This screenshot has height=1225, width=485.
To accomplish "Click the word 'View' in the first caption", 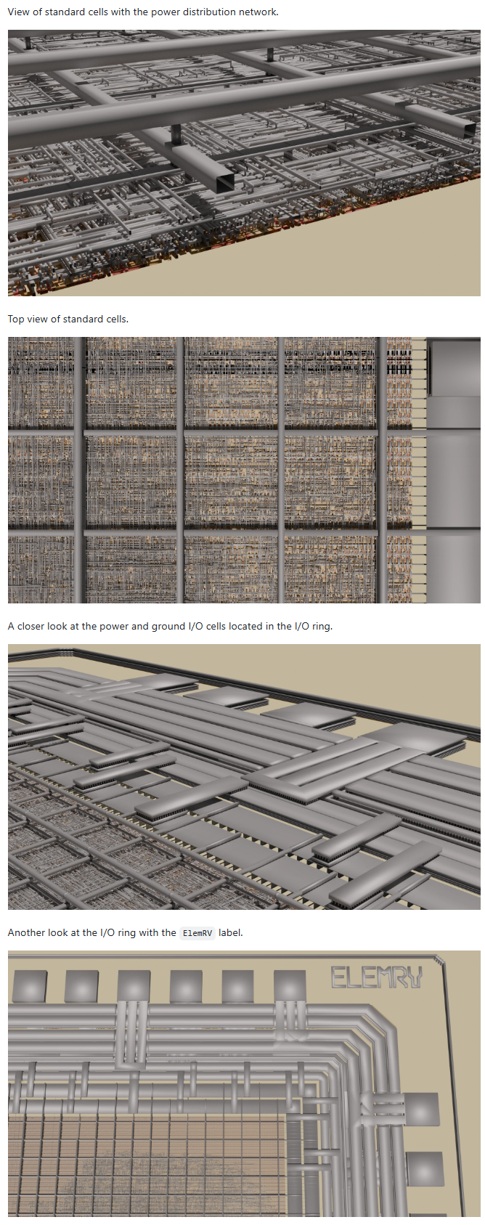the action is (19, 12).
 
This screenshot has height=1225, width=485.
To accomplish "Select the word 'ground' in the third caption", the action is (167, 626).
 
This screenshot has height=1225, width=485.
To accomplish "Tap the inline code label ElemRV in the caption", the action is (197, 933).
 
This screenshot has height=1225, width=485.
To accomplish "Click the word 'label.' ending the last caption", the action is (231, 932).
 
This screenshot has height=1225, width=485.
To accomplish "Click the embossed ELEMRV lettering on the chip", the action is (377, 977).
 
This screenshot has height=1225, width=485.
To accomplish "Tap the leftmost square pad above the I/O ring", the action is (30, 987).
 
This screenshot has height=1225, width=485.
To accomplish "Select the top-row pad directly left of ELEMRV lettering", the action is (290, 986).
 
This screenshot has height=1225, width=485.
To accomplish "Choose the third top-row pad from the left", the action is (134, 987).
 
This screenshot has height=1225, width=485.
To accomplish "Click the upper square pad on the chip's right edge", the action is (422, 1109).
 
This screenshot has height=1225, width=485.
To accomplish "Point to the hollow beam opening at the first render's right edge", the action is (469, 129).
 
